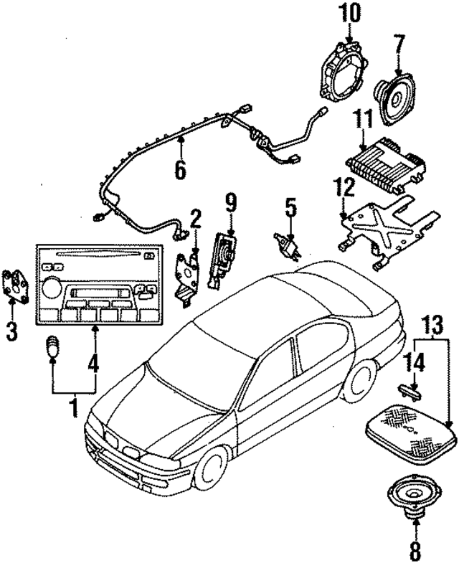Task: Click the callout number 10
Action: pos(351,12)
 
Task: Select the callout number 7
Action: pos(400,51)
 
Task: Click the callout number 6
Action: pos(180,169)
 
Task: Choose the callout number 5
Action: pos(290,207)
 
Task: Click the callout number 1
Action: pos(72,408)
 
